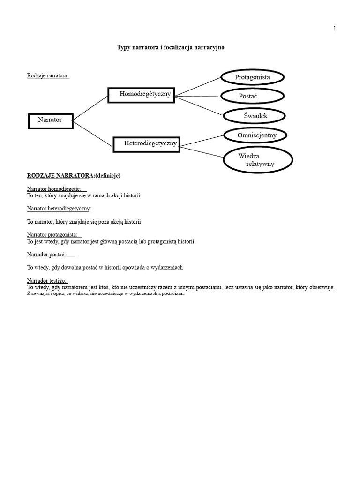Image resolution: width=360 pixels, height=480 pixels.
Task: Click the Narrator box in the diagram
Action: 50,120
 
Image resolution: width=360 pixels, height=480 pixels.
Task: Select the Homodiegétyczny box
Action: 141,95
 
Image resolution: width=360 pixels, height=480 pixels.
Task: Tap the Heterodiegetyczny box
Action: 146,144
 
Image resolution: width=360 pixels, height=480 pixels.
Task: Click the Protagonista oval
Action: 252,77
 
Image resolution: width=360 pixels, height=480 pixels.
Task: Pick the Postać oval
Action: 252,96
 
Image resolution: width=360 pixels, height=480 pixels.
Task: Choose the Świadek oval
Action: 254,116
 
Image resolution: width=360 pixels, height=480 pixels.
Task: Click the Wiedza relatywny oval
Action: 258,160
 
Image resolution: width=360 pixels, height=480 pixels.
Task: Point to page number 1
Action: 335,29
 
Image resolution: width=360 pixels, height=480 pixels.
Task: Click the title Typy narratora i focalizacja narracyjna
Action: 171,47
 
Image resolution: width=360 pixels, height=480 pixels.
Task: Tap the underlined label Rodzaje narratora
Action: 48,75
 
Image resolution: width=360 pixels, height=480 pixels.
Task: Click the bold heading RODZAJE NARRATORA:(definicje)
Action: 74,176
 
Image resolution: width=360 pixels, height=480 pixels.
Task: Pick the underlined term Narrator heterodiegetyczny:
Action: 59,208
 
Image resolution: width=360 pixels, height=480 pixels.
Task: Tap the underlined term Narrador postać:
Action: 50,255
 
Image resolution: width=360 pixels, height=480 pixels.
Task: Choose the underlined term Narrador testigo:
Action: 47,281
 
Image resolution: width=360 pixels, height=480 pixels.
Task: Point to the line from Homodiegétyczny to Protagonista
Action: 197,86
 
